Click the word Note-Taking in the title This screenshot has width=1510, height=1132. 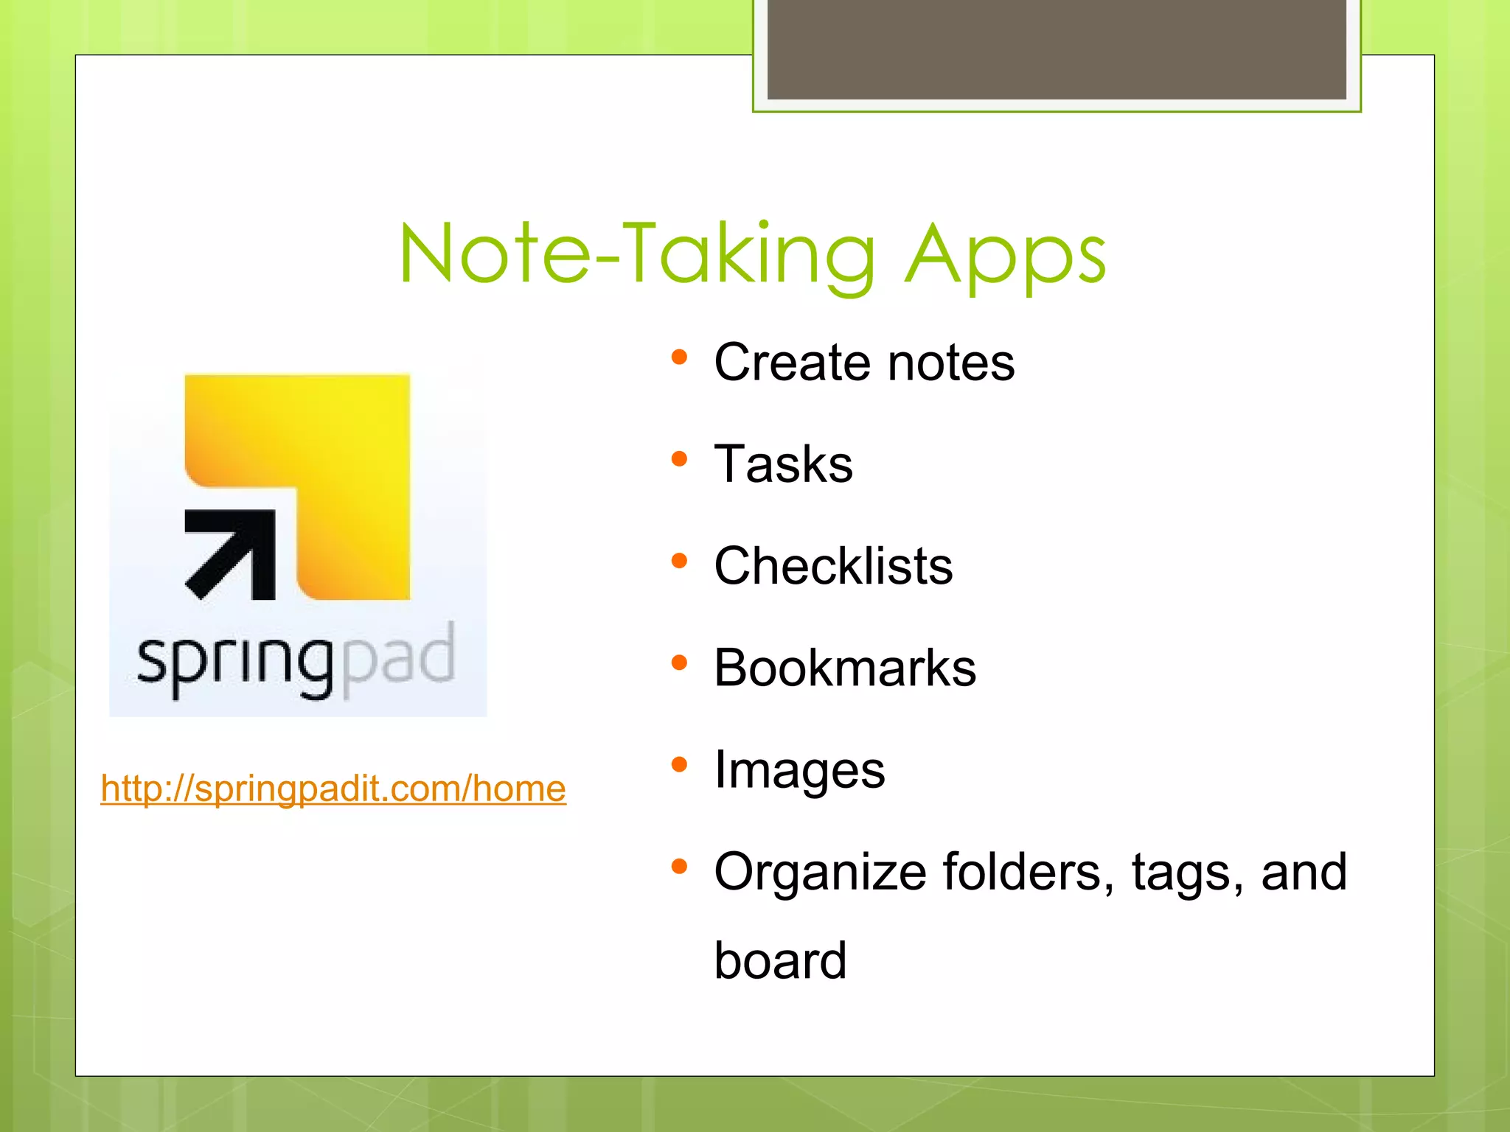[x=638, y=254]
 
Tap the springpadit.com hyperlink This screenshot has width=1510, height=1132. [x=333, y=789]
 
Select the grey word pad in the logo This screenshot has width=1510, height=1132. [x=399, y=658]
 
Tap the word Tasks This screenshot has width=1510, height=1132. [x=783, y=464]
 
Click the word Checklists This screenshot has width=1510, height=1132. [x=833, y=566]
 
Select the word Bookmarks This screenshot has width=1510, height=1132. [x=845, y=668]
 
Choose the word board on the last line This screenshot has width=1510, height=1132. [x=780, y=960]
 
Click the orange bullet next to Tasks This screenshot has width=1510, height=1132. [x=679, y=460]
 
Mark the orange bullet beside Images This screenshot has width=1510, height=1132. [x=679, y=765]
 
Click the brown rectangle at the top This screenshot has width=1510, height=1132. [x=1057, y=49]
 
